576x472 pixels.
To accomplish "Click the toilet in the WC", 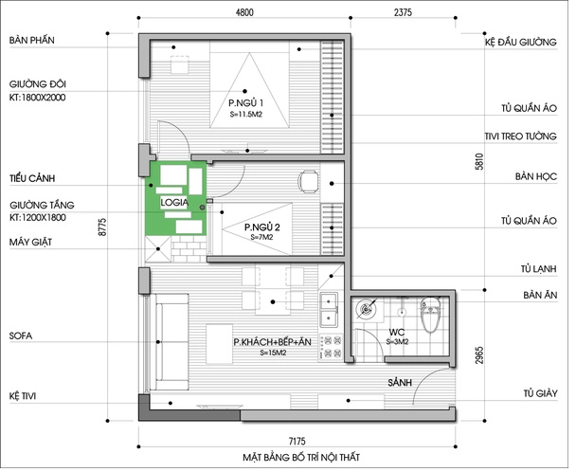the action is point(430,315).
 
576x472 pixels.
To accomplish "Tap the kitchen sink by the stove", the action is point(329,310).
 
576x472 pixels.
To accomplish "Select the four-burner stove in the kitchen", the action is point(331,347).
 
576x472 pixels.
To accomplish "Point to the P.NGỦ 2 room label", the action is point(261,227).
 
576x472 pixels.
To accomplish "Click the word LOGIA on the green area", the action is point(174,202).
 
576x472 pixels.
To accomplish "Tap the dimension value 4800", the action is point(244,12).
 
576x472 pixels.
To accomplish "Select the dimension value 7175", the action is point(297,441).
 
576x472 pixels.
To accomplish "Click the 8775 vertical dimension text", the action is point(102,227).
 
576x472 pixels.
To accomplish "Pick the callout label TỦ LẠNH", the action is point(538,269).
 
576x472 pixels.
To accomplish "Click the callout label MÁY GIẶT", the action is point(30,242).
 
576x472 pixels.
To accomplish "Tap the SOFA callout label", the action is point(21,336).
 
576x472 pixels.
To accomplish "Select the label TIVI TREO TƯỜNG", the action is point(520,136).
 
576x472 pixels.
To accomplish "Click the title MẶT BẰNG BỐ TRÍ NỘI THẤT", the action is point(301,457).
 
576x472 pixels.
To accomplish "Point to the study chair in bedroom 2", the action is point(308,182).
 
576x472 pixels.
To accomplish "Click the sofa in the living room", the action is point(172,342).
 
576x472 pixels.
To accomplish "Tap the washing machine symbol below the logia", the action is point(158,249).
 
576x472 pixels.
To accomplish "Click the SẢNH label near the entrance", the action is point(400,383).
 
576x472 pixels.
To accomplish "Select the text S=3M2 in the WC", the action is point(397,341).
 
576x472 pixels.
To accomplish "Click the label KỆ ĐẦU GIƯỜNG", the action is point(520,43).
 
